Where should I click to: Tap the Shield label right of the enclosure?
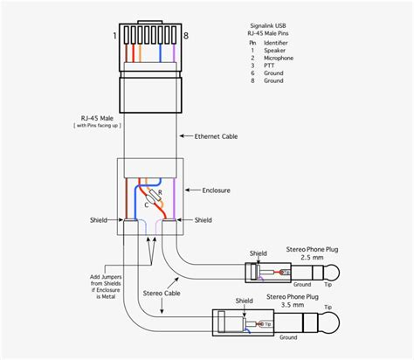[203, 220]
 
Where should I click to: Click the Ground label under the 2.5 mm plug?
[302, 285]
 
